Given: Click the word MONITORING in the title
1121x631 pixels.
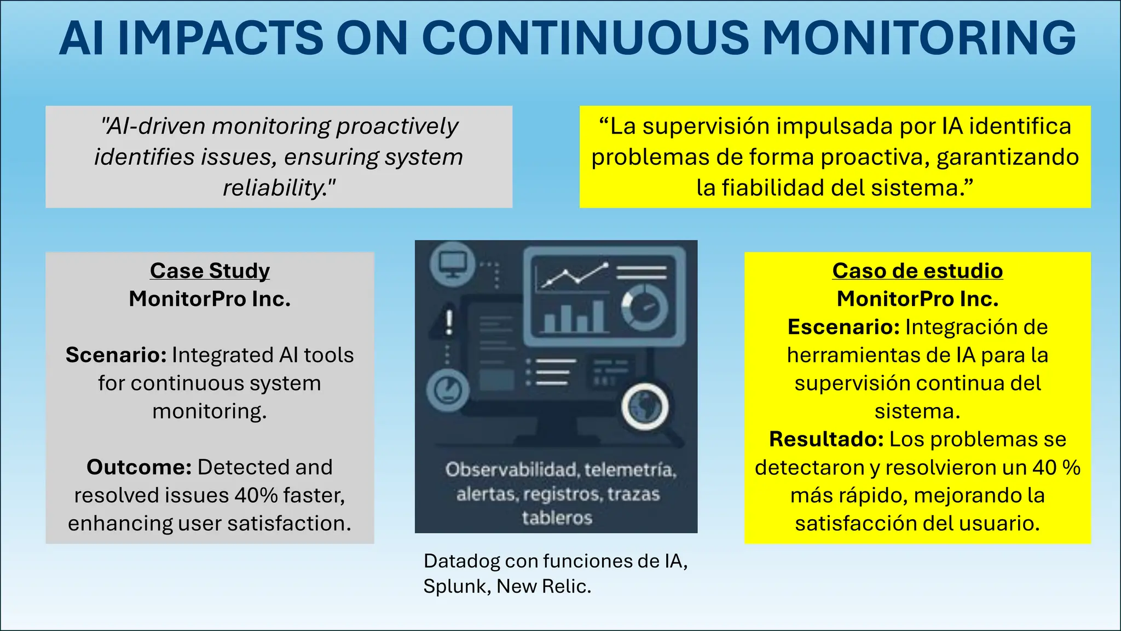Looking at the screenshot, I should coord(919,38).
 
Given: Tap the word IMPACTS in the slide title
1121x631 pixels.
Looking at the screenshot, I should coord(221,38).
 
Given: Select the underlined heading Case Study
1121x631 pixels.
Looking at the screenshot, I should coord(210,271).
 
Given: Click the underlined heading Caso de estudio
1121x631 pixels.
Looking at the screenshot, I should coord(917,271).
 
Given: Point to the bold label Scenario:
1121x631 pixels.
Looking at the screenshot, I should coord(116,355).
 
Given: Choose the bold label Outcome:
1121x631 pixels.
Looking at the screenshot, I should coord(139,467).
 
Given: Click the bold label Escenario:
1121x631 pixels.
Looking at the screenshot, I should coord(843,327).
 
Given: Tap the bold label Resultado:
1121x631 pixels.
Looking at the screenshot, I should coord(826,439).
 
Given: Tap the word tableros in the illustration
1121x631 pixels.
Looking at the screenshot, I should coord(557,518).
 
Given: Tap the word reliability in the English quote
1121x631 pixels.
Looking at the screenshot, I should coord(274,188).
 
